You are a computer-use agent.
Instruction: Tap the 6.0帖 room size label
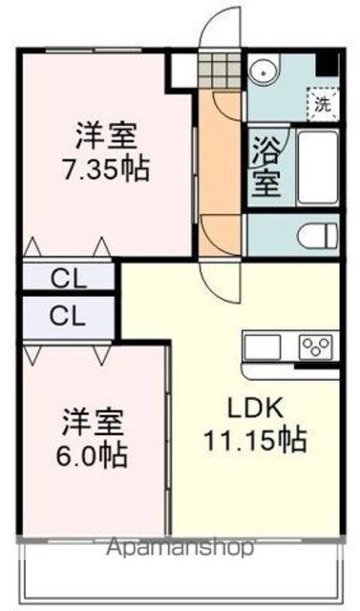92,455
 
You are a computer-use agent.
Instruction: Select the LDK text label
255,409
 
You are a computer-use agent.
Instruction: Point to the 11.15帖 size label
255,440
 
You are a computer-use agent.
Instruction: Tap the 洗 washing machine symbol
323,104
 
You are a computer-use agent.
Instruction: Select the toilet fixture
317,235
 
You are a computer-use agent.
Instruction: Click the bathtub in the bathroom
317,167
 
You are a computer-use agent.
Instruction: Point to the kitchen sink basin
263,347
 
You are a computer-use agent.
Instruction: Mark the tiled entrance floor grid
220,71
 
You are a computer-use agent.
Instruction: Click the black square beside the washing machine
327,64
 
